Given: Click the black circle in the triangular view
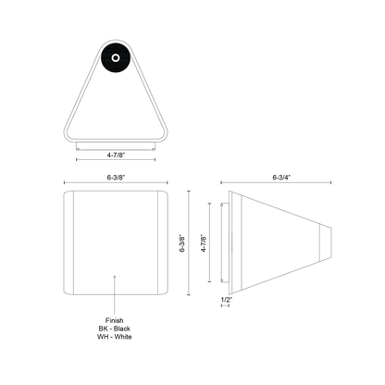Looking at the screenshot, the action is click(x=116, y=58).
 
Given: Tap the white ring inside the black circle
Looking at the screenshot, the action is click(x=116, y=58).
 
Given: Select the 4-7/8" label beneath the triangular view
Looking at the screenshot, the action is click(x=116, y=155).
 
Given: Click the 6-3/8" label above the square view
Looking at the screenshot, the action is click(x=116, y=178).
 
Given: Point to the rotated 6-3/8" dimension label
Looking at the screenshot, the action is click(x=182, y=243).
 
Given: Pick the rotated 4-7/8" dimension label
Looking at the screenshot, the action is click(x=204, y=243).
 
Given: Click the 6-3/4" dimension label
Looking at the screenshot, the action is click(x=281, y=178).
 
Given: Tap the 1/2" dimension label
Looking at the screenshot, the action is click(x=227, y=300).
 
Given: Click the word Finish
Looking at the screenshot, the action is click(x=115, y=320).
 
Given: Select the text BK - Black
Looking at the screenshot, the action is click(x=115, y=329).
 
